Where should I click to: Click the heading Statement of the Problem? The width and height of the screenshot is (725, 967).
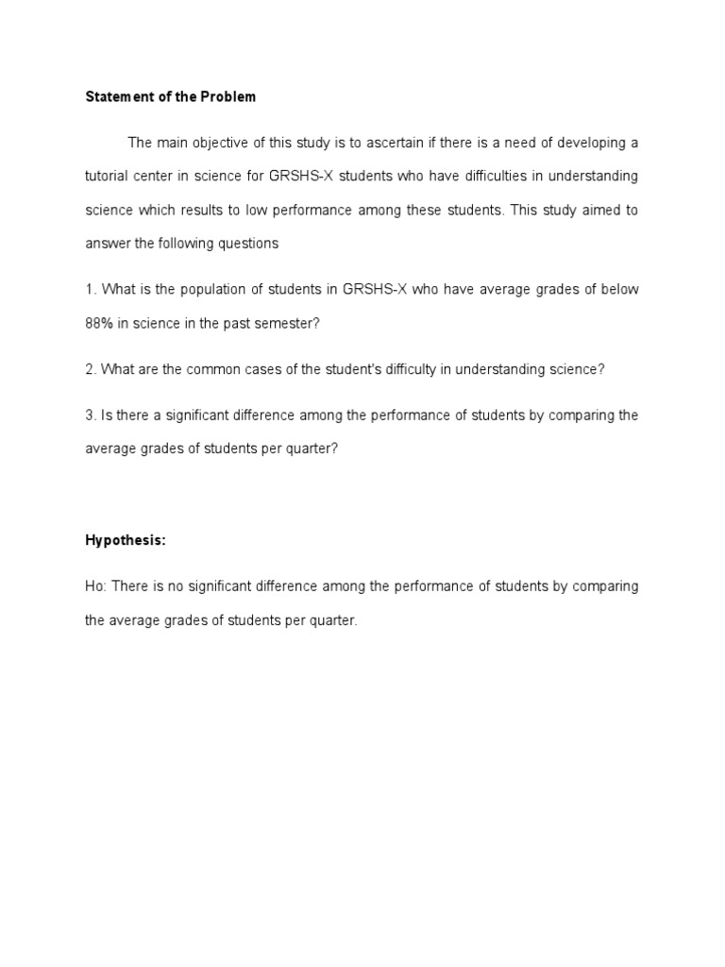pos(170,97)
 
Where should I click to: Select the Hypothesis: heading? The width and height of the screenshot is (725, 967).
pos(126,540)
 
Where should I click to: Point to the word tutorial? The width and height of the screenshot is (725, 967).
pos(107,177)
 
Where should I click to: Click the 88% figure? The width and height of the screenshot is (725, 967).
pos(100,323)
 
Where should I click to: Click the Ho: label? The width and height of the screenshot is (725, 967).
pos(97,586)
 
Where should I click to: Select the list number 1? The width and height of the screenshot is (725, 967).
pos(90,289)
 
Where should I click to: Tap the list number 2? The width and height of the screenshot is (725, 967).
pos(90,369)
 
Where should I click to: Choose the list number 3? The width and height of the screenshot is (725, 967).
pos(90,416)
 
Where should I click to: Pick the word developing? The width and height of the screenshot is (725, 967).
pos(588,143)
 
